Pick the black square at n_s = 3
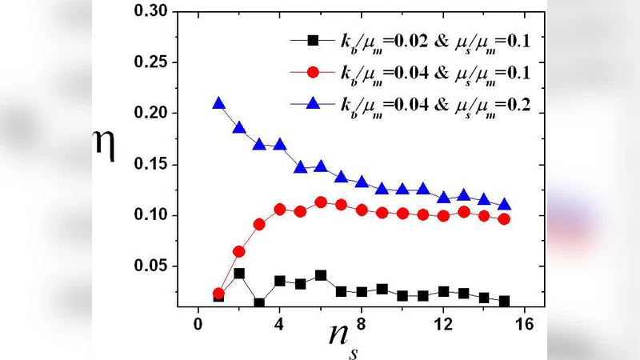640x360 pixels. coord(259,303)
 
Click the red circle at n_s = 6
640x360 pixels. coord(321,202)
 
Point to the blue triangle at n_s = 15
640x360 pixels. coord(504,205)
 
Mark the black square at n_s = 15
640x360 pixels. coord(504,301)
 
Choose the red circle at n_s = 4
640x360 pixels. coord(280,210)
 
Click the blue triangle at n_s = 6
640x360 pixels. coord(321,166)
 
